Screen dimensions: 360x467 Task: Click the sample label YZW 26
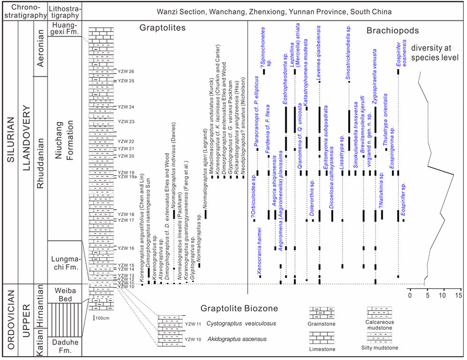click(x=126, y=72)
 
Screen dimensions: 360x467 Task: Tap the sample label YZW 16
click(x=126, y=248)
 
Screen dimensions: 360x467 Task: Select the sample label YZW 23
click(x=126, y=122)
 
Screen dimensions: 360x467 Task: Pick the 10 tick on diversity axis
click(x=443, y=295)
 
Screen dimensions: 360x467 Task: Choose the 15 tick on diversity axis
click(x=459, y=295)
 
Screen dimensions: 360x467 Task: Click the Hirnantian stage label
click(x=40, y=307)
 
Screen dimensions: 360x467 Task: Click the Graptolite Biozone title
click(x=239, y=309)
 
